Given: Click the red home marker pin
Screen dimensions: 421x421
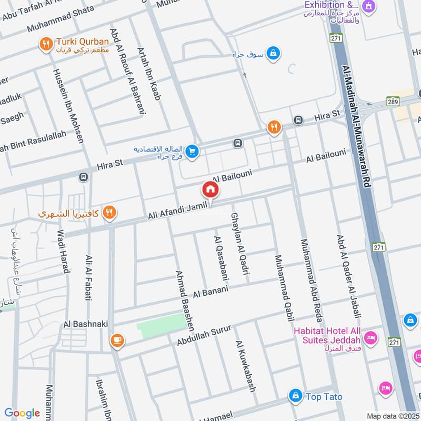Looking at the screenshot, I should click(x=210, y=189).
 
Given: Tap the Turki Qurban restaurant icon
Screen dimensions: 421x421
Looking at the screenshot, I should click(x=46, y=45).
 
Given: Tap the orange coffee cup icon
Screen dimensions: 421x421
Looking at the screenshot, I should click(x=117, y=340).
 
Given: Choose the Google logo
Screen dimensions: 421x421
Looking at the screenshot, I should click(x=22, y=413).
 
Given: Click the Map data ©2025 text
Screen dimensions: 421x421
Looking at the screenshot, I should click(x=392, y=416).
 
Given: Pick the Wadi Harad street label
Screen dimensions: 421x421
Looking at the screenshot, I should click(x=63, y=252).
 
